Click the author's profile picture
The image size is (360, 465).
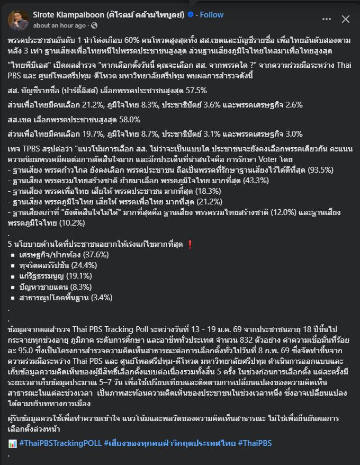(19, 20)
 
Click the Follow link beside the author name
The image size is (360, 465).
(211, 15)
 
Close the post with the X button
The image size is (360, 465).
(346, 20)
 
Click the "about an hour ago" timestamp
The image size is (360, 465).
(59, 25)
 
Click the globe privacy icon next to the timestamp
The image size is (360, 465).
(94, 25)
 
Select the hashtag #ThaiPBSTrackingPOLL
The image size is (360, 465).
(59, 443)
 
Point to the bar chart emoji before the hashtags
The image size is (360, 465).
(13, 443)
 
